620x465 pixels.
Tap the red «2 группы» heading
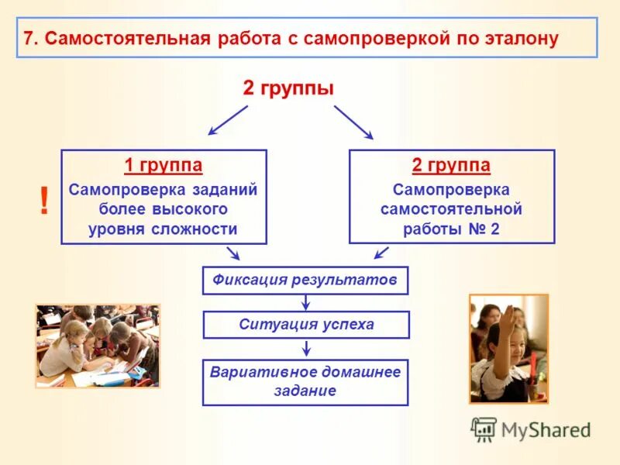[x=288, y=88]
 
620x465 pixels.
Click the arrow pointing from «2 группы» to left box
[x=227, y=120]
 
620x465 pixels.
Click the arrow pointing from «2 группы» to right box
[x=353, y=122]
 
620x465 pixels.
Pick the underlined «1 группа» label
[x=164, y=165]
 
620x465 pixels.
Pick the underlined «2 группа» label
[x=451, y=165]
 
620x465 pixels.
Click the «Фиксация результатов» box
[x=305, y=281]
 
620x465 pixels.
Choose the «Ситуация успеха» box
[x=305, y=325]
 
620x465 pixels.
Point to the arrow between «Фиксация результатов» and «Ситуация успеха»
[x=306, y=303]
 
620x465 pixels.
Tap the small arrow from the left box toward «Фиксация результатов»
[x=232, y=253]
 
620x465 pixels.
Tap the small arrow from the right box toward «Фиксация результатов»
[x=381, y=253]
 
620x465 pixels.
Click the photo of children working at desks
[x=98, y=346]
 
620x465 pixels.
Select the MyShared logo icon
[x=484, y=429]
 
